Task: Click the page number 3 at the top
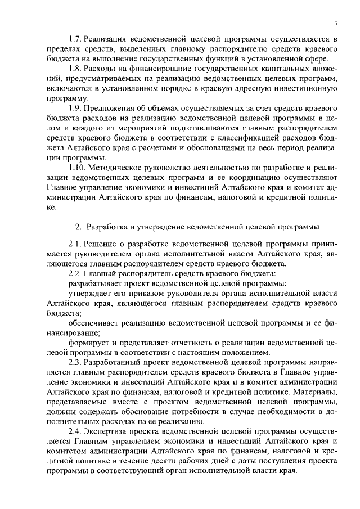[335, 23]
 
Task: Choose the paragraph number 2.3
[75, 362]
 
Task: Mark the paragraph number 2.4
[75, 430]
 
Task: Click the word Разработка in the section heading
[111, 227]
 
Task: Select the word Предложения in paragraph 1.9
[111, 107]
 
